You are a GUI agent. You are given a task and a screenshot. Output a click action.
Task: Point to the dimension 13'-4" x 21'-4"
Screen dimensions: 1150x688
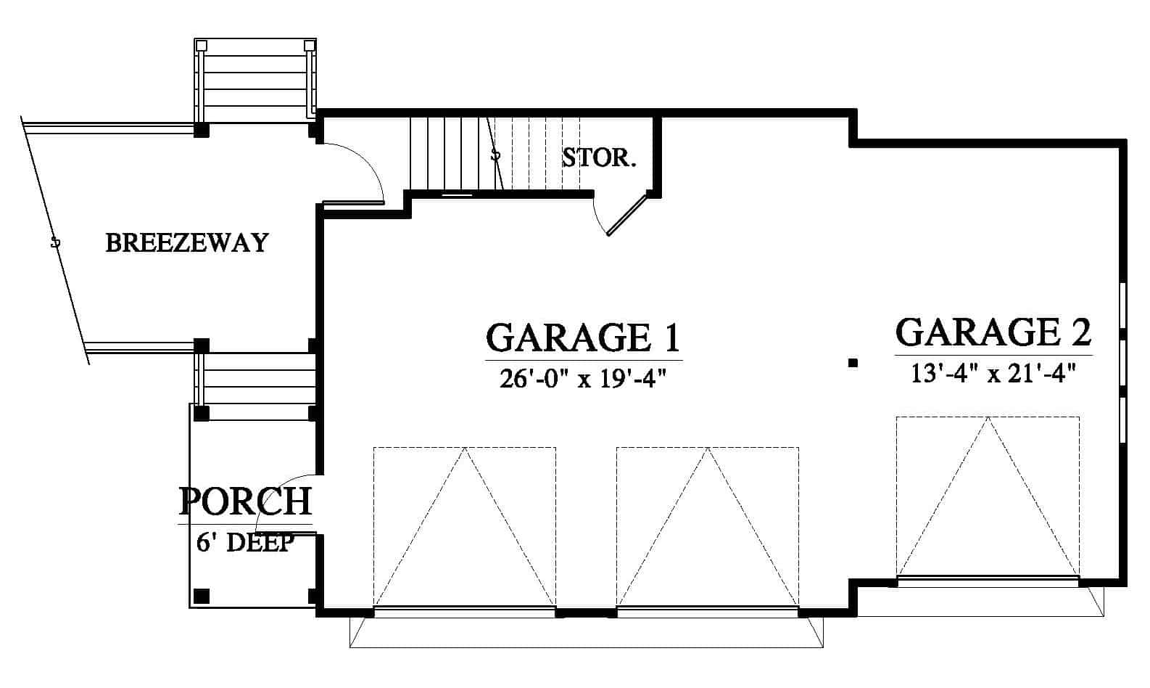click(x=993, y=374)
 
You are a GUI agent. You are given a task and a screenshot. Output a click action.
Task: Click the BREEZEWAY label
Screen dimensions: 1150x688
click(x=187, y=242)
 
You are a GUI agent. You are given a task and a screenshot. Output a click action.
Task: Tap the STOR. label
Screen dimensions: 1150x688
click(x=599, y=157)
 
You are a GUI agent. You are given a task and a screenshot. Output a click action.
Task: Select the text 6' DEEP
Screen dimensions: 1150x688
click(x=245, y=542)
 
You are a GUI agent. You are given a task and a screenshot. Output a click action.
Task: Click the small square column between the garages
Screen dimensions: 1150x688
click(x=853, y=363)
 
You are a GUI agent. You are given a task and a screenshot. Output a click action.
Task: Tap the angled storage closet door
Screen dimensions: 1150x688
click(x=626, y=216)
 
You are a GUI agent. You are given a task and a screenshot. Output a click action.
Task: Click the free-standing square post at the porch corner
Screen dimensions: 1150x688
click(x=202, y=596)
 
